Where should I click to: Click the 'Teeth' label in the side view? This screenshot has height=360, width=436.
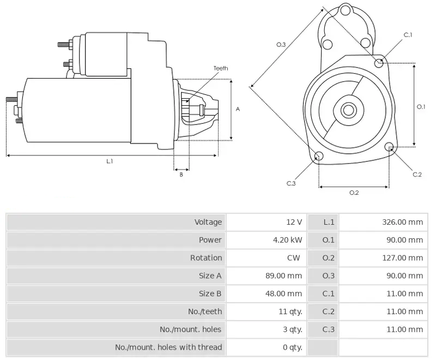coord(220,68)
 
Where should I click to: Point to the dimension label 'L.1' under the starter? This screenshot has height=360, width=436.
coord(110,161)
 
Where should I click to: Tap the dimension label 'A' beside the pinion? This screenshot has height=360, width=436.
coord(238,109)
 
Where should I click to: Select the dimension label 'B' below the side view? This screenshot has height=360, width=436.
coord(181,175)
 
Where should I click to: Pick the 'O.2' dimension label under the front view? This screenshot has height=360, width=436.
coord(354,192)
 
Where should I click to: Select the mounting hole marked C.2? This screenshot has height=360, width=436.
coord(389,147)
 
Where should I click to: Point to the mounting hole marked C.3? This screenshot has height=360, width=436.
coord(319,157)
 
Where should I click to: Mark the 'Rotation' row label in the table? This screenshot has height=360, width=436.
coord(206,258)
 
